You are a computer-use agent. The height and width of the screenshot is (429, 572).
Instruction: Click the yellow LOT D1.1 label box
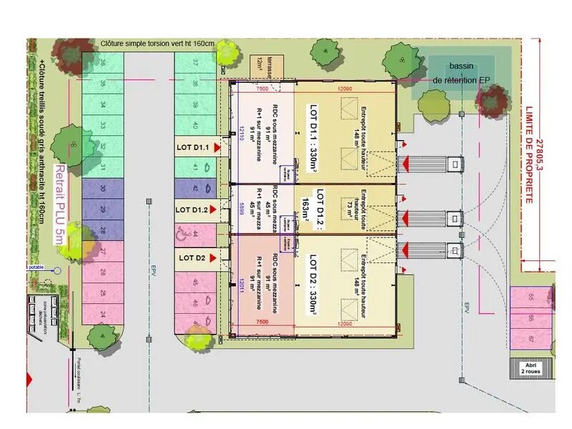pyautogui.click(x=193, y=148)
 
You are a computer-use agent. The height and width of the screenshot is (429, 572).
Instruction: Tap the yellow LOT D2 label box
pyautogui.click(x=192, y=258)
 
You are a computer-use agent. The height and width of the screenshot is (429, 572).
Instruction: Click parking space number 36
pyautogui.click(x=102, y=64)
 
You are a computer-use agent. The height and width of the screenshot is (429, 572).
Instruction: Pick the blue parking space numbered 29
pyautogui.click(x=102, y=209)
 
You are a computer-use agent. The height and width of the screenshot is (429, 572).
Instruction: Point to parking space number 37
pyautogui.click(x=195, y=64)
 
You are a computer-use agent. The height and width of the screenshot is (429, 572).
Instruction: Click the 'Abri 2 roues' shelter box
pyautogui.click(x=530, y=368)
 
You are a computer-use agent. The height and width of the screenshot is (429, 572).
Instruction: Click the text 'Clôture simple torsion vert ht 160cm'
pyautogui.click(x=157, y=44)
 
